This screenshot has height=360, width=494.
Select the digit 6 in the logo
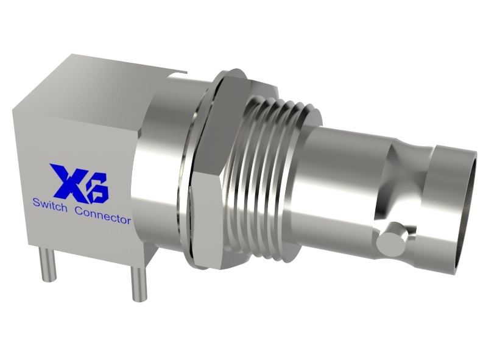[97, 186]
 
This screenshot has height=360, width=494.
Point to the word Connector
[103, 215]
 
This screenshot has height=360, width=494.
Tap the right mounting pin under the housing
[138, 284]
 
